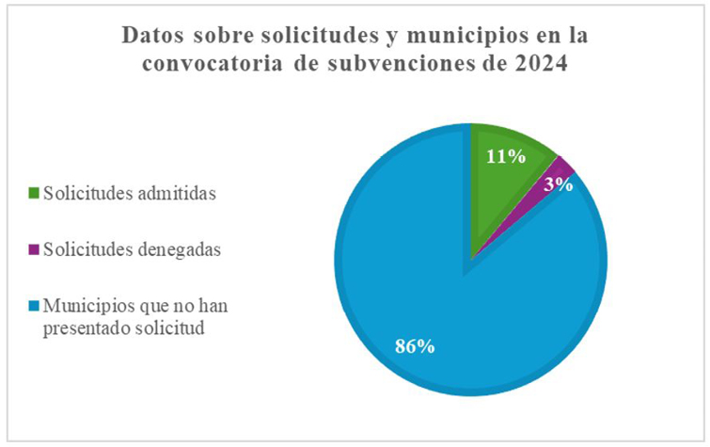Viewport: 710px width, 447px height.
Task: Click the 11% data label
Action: [505, 156]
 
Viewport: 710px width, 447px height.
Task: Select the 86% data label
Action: [414, 346]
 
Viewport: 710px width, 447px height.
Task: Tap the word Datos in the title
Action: [153, 37]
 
